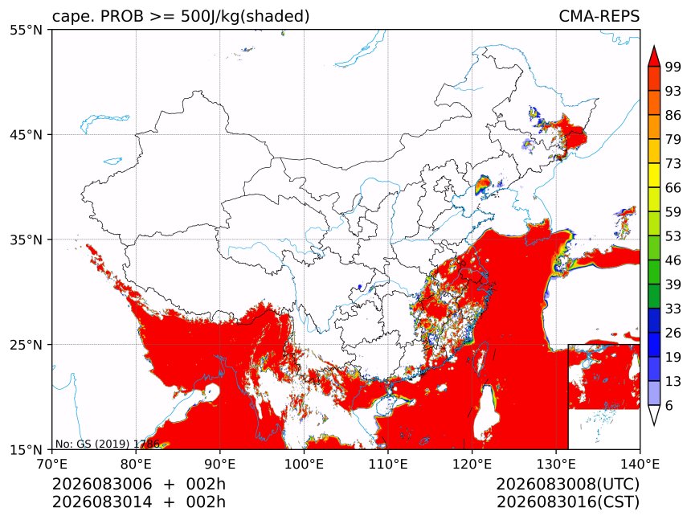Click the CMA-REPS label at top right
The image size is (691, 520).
599,16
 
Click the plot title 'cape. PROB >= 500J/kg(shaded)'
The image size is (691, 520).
181,17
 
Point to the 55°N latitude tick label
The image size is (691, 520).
27,30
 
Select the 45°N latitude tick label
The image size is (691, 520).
27,134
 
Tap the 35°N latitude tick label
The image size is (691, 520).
27,240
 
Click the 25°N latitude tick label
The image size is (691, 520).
27,345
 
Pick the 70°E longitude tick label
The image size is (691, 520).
52,464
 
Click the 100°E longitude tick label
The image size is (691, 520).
304,464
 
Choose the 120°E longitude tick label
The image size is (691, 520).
472,464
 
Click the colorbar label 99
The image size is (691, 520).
673,68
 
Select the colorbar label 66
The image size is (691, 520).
673,188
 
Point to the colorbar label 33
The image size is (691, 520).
673,309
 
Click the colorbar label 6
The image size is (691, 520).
669,405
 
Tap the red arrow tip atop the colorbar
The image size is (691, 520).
654,46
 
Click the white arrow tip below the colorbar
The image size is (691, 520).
654,425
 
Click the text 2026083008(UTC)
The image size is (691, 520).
567,485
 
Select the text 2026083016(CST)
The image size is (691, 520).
567,502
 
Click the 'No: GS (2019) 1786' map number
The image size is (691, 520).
107,444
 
